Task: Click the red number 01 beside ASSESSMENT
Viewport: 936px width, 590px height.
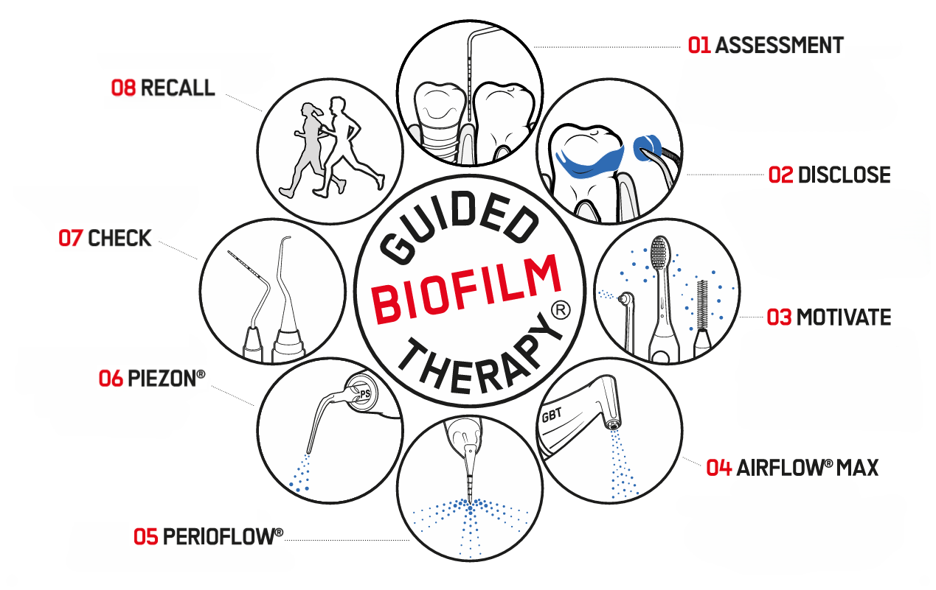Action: tap(699, 46)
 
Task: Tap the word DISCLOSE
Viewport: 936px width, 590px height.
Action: tap(844, 175)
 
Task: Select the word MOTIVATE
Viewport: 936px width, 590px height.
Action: tap(843, 317)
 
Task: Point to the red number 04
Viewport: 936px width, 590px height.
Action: tap(718, 468)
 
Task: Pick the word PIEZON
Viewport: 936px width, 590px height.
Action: tap(162, 379)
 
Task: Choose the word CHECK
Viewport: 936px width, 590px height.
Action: tap(119, 239)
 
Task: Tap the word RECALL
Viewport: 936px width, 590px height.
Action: tap(177, 88)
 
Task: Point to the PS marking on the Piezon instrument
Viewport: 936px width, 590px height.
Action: tap(364, 395)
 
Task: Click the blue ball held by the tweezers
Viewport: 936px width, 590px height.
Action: tap(646, 147)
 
